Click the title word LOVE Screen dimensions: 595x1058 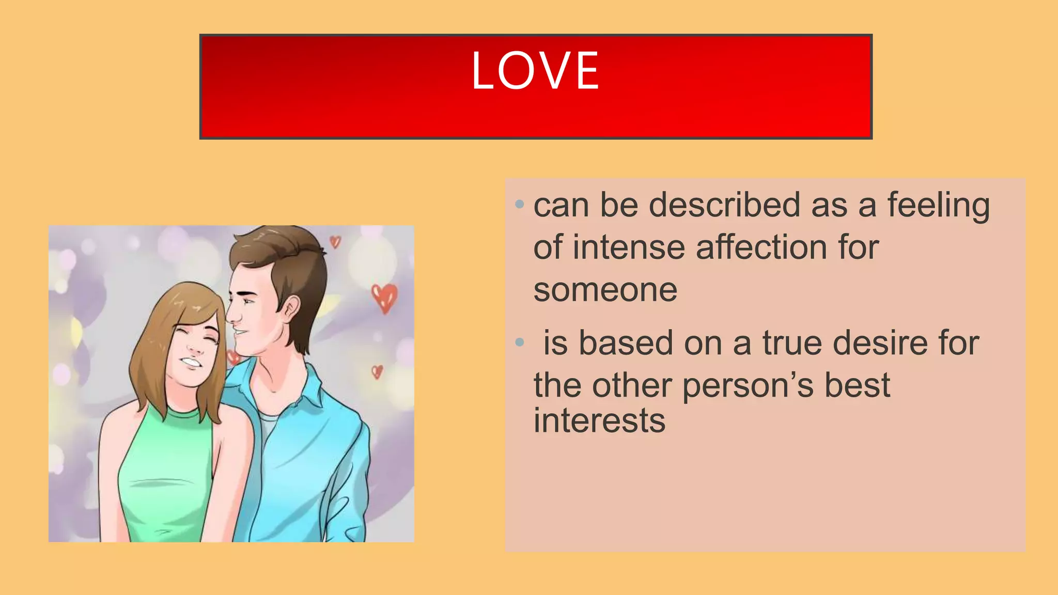(x=535, y=71)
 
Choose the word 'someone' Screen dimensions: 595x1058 (x=605, y=290)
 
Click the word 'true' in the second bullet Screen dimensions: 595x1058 (x=792, y=343)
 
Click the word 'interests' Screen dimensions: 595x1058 (x=599, y=421)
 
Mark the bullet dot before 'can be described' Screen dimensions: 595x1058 (x=520, y=205)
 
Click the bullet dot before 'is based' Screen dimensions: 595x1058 (x=520, y=342)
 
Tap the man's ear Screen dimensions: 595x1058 (x=290, y=310)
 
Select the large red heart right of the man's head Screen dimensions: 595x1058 (x=385, y=297)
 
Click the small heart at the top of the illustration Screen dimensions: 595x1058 (x=335, y=241)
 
